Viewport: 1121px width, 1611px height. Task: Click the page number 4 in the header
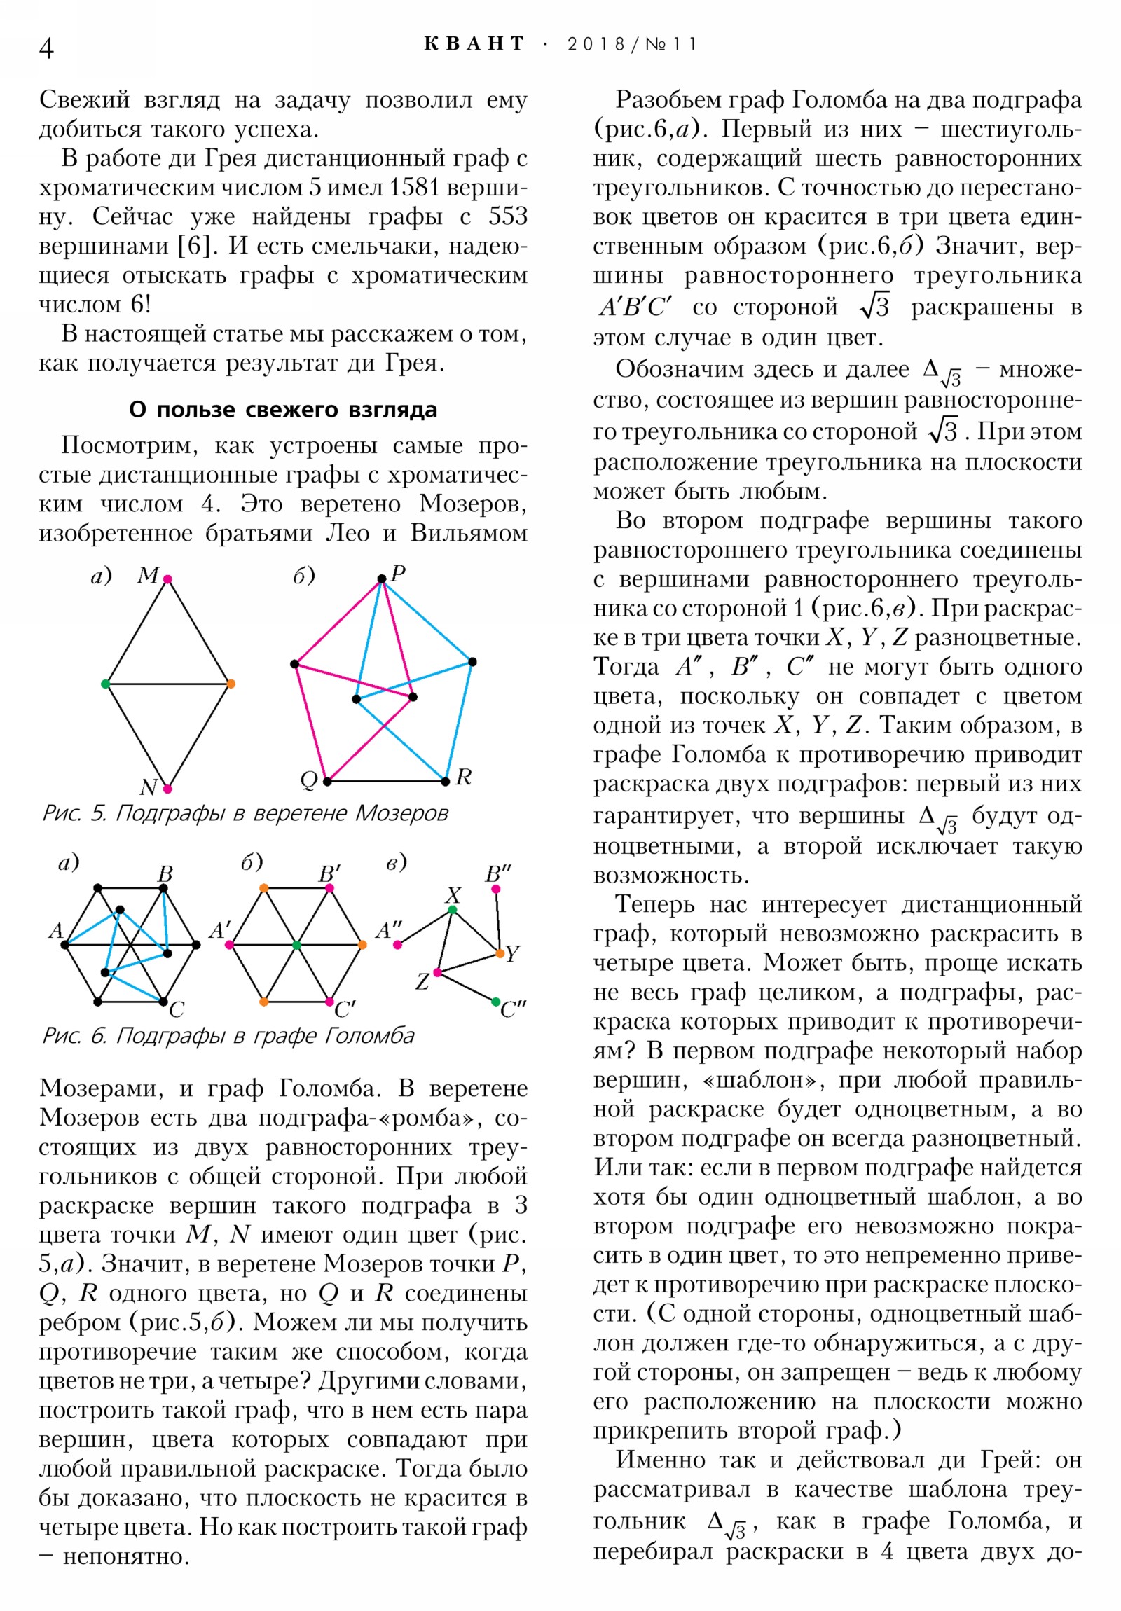(x=46, y=48)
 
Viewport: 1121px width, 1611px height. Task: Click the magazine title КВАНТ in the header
(x=474, y=44)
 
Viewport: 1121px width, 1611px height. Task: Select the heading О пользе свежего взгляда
(x=283, y=409)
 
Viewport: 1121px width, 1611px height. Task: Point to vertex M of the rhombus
(x=167, y=579)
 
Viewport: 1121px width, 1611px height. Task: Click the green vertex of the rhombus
(x=105, y=684)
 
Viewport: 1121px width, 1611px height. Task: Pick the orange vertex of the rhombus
(x=231, y=684)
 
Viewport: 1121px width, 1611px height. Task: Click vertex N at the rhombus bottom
(x=167, y=789)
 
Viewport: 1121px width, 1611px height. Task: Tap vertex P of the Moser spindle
(x=381, y=579)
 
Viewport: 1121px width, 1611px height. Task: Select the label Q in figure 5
(x=309, y=780)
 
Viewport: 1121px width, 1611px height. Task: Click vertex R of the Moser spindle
(x=445, y=781)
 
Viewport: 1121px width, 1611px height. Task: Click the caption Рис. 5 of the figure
(x=245, y=813)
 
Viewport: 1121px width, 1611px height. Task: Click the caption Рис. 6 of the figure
(x=228, y=1036)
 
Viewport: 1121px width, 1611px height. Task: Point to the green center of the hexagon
(x=296, y=945)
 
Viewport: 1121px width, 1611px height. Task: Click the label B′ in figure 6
(x=329, y=873)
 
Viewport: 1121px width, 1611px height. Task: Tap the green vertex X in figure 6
(x=452, y=910)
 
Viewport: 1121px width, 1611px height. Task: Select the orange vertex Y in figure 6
(x=500, y=953)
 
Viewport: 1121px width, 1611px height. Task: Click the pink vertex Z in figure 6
(x=437, y=972)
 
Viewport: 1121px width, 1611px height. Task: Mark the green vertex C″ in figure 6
(x=496, y=1002)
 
